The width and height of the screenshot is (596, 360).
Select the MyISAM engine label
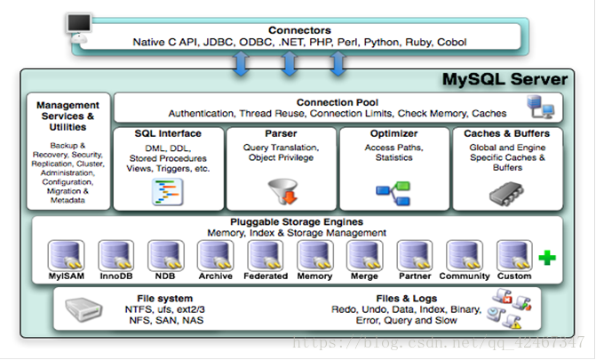[x=65, y=276]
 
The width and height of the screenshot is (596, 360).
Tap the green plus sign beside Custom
[x=547, y=257]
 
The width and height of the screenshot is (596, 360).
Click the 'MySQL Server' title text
[x=505, y=81]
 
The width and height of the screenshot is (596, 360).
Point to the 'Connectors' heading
[x=298, y=29]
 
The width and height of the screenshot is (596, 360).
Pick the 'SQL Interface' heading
[x=167, y=134]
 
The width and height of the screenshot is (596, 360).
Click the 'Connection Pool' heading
[x=338, y=101]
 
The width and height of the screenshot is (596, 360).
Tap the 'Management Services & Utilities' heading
[x=68, y=116]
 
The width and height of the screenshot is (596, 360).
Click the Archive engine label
[x=216, y=276]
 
